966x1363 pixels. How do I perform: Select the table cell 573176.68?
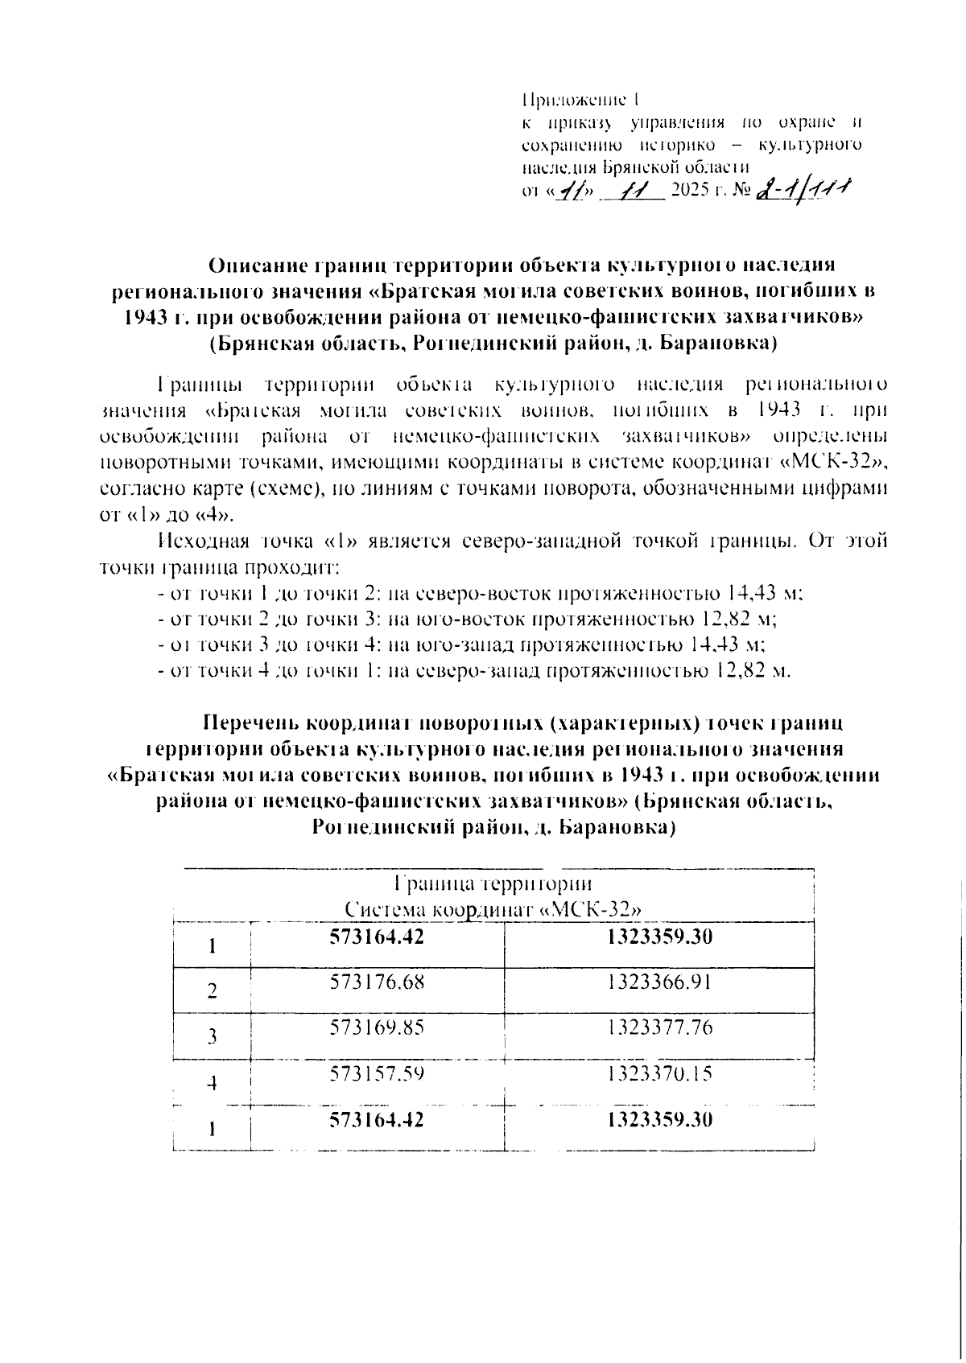tap(377, 982)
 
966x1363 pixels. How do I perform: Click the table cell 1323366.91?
tap(660, 982)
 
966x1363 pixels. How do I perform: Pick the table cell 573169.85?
tap(377, 1027)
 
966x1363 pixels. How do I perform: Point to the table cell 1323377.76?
tap(660, 1027)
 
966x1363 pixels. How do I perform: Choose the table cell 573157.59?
tap(377, 1073)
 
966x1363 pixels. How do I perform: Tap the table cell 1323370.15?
tap(660, 1073)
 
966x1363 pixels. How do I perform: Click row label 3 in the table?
tap(212, 1036)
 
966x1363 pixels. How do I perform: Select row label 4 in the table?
tap(212, 1083)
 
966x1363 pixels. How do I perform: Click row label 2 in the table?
tap(212, 990)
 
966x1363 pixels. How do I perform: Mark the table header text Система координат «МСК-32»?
tap(493, 910)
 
